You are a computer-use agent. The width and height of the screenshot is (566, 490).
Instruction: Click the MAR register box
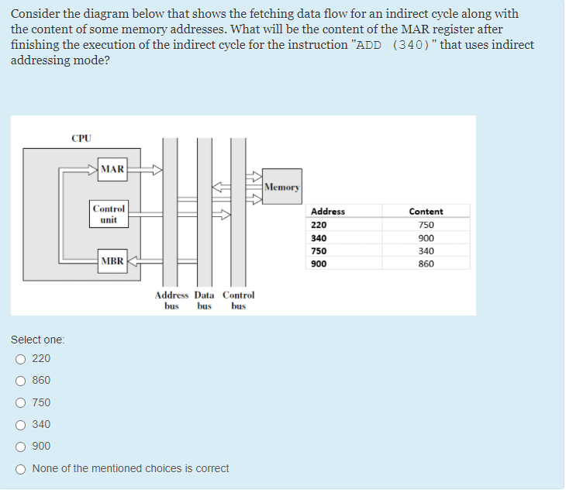tap(112, 168)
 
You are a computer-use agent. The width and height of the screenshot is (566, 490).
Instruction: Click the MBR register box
tap(112, 261)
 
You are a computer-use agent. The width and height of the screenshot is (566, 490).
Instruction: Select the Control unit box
tap(109, 214)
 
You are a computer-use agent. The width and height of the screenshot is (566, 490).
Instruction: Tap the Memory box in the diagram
tap(281, 187)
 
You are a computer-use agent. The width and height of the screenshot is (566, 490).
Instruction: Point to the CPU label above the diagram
tap(81, 139)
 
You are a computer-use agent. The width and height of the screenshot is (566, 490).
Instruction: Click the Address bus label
tap(171, 300)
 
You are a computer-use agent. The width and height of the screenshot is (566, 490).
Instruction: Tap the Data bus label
tap(204, 300)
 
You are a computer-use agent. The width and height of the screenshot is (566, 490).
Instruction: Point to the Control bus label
tap(238, 300)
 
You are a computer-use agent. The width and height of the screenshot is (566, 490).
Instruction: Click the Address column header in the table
tap(328, 212)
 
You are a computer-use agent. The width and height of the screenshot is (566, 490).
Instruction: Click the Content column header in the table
tap(426, 212)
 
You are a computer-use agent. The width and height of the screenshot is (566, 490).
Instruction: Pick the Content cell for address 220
tap(426, 225)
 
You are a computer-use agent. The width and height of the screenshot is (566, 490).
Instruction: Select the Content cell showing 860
tap(426, 264)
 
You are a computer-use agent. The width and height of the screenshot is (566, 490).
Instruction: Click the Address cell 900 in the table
tap(319, 264)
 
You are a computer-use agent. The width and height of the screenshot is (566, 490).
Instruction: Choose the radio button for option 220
tap(20, 359)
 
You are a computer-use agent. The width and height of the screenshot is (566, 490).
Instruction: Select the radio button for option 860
tap(20, 381)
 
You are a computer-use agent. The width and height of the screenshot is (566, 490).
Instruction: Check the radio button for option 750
tap(20, 402)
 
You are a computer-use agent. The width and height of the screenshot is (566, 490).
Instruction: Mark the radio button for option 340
tap(20, 424)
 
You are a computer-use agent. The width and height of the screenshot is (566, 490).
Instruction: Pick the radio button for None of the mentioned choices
tap(20, 468)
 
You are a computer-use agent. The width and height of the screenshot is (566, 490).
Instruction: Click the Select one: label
tap(38, 340)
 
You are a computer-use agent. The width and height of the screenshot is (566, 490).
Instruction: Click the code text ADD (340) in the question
tap(393, 45)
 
